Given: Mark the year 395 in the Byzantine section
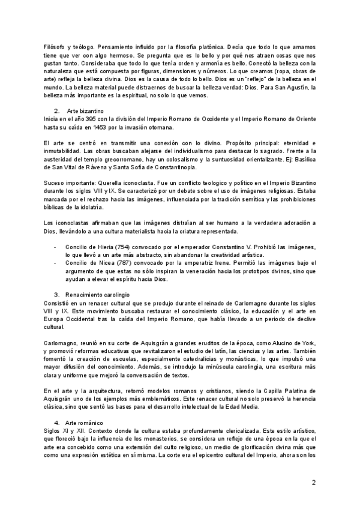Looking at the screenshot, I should coord(76,119).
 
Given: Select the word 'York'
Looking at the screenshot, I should coord(305,340).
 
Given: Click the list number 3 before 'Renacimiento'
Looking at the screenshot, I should coord(56,295).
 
